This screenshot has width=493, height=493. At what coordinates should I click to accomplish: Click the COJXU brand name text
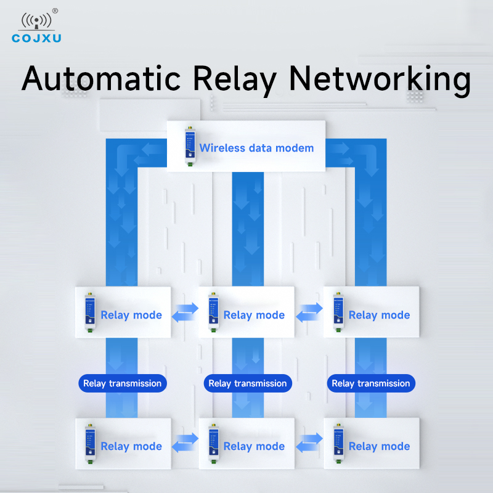tap(36, 38)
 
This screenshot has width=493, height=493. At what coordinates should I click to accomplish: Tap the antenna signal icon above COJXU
tap(36, 21)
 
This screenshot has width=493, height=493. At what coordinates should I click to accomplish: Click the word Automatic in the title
tap(101, 78)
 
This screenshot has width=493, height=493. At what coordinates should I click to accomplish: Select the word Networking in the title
tap(380, 80)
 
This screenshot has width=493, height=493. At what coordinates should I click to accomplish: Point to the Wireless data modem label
tap(256, 148)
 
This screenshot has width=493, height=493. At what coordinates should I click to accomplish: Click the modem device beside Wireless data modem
tap(190, 146)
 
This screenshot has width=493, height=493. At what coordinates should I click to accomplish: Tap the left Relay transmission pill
tap(123, 383)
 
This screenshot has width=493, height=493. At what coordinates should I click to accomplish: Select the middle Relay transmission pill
tap(248, 383)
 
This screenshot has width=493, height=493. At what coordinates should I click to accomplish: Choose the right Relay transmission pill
tap(371, 383)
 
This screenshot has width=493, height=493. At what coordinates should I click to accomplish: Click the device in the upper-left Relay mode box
tap(90, 312)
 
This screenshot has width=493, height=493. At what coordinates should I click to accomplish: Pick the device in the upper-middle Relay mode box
tap(213, 312)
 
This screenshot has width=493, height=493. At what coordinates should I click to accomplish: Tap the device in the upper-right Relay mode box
tap(338, 312)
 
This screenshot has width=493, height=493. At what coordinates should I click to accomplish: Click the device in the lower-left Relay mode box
tap(90, 444)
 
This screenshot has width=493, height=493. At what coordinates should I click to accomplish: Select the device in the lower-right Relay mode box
tap(338, 444)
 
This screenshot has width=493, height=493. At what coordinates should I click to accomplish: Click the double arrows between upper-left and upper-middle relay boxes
tap(185, 312)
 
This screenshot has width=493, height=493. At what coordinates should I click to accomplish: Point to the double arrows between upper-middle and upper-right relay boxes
tap(309, 312)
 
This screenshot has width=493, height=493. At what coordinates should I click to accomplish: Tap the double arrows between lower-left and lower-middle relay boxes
tap(185, 442)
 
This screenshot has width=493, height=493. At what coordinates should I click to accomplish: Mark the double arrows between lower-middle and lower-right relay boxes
tap(309, 442)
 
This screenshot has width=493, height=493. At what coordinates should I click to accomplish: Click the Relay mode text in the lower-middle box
tap(254, 446)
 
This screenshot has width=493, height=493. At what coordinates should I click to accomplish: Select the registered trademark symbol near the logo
tap(55, 11)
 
